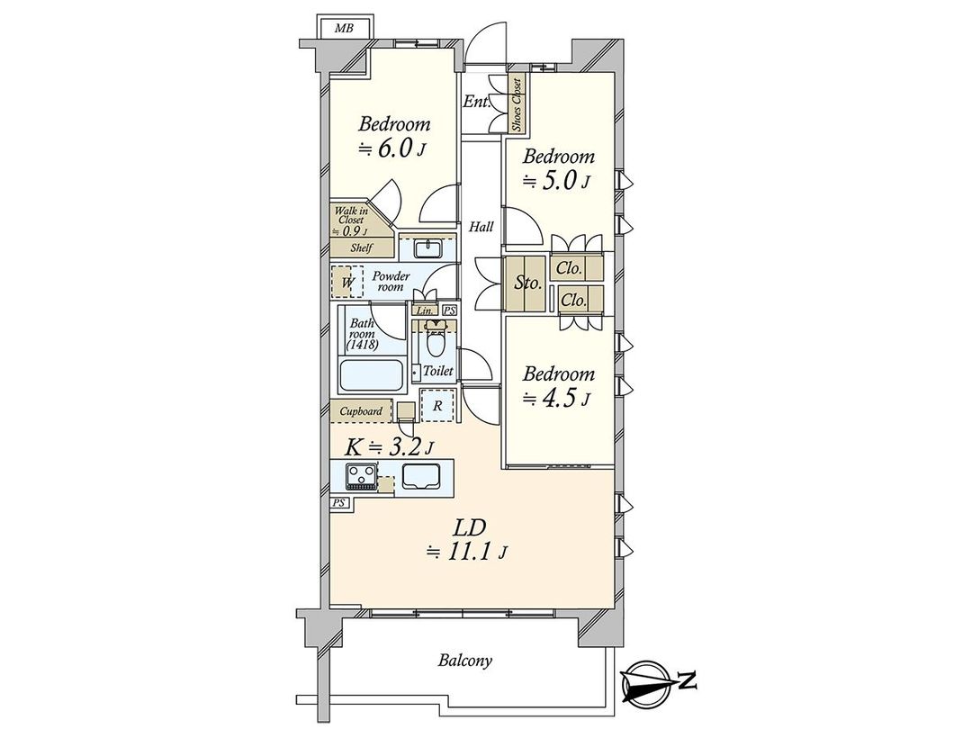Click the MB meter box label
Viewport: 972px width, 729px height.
pyautogui.click(x=344, y=28)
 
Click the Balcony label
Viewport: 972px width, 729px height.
pyautogui.click(x=465, y=661)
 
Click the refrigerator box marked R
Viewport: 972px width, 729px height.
pyautogui.click(x=436, y=405)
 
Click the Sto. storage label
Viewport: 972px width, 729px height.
pyautogui.click(x=527, y=283)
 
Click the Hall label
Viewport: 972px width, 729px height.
pyautogui.click(x=480, y=229)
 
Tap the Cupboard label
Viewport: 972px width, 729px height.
pyautogui.click(x=361, y=411)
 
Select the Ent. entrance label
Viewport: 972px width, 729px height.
pyautogui.click(x=476, y=102)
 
